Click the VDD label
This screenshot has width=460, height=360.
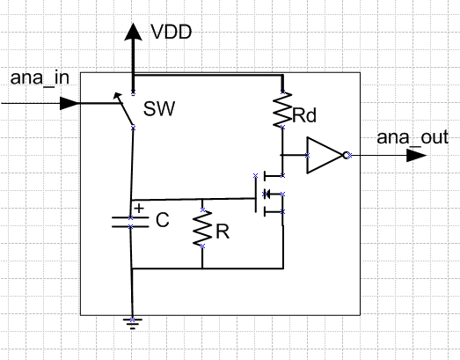pyautogui.click(x=172, y=32)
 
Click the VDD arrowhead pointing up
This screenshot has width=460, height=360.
pyautogui.click(x=133, y=32)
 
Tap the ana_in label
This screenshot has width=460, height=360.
pyautogui.click(x=40, y=78)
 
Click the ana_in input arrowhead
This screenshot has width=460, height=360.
pyautogui.click(x=69, y=103)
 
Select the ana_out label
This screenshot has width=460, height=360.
pyautogui.click(x=413, y=137)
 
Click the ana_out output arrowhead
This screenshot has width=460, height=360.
pyautogui.click(x=416, y=155)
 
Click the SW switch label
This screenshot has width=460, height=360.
pyautogui.click(x=159, y=108)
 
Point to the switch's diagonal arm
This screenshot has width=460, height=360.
pyautogui.click(x=124, y=110)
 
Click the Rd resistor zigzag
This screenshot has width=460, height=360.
pyautogui.click(x=282, y=109)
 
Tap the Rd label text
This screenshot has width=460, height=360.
pyautogui.click(x=304, y=115)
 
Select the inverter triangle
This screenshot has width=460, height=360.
pyautogui.click(x=325, y=155)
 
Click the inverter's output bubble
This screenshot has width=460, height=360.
pyautogui.click(x=347, y=155)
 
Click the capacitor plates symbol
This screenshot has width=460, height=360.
pyautogui.click(x=130, y=222)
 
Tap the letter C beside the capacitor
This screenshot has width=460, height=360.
pyautogui.click(x=163, y=220)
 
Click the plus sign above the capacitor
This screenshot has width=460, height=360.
pyautogui.click(x=139, y=209)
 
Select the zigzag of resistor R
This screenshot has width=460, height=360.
pyautogui.click(x=202, y=228)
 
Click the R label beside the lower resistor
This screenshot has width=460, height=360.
pyautogui.click(x=223, y=231)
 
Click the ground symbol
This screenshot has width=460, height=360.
pyautogui.click(x=133, y=324)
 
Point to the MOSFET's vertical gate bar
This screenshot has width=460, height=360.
pyautogui.click(x=256, y=194)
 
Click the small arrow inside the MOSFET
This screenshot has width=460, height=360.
pyautogui.click(x=267, y=194)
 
